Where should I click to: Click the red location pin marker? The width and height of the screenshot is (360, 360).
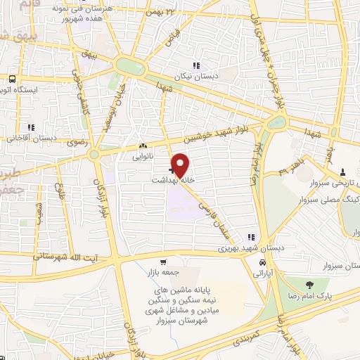181,165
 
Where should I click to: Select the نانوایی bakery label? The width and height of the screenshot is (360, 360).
143,157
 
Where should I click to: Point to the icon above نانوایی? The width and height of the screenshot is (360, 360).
143,146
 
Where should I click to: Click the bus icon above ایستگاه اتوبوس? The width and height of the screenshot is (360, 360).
12,79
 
